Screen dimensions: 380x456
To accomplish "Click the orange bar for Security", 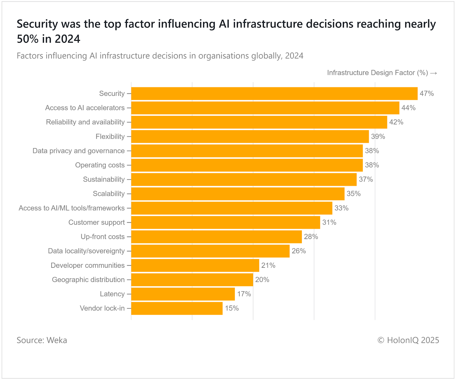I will tap(274, 93).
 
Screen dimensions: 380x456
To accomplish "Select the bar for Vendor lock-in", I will tap(177, 308).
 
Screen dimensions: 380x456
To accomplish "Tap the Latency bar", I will tap(183, 294).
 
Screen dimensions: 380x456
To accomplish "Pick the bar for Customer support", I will tap(225, 222).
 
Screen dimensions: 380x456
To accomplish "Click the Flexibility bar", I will tap(250, 136).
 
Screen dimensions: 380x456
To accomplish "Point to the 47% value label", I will tap(427, 93).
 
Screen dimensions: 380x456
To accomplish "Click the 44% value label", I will tap(408, 108).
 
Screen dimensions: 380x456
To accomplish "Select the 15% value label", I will tap(232, 308).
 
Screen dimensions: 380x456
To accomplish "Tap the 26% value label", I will tap(299, 251).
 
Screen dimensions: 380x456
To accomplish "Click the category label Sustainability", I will tap(104, 179).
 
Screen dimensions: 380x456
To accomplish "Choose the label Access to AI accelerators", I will tap(85, 108).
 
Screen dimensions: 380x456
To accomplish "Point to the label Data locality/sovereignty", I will tap(86, 251).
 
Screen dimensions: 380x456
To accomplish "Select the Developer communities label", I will tap(87, 265).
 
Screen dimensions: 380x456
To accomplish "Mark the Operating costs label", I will tap(100, 165).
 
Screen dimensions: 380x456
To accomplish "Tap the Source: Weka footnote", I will tap(42, 340).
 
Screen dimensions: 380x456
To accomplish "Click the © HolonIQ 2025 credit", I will tap(408, 340).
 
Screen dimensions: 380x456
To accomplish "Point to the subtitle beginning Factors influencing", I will tap(160, 56).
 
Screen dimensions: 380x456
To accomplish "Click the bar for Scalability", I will tap(238, 194).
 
